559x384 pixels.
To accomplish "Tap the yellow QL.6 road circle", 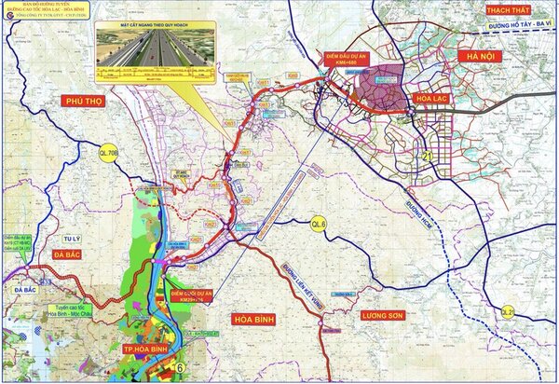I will click(x=320, y=223).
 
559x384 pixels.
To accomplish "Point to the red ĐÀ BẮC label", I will click(x=70, y=254).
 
